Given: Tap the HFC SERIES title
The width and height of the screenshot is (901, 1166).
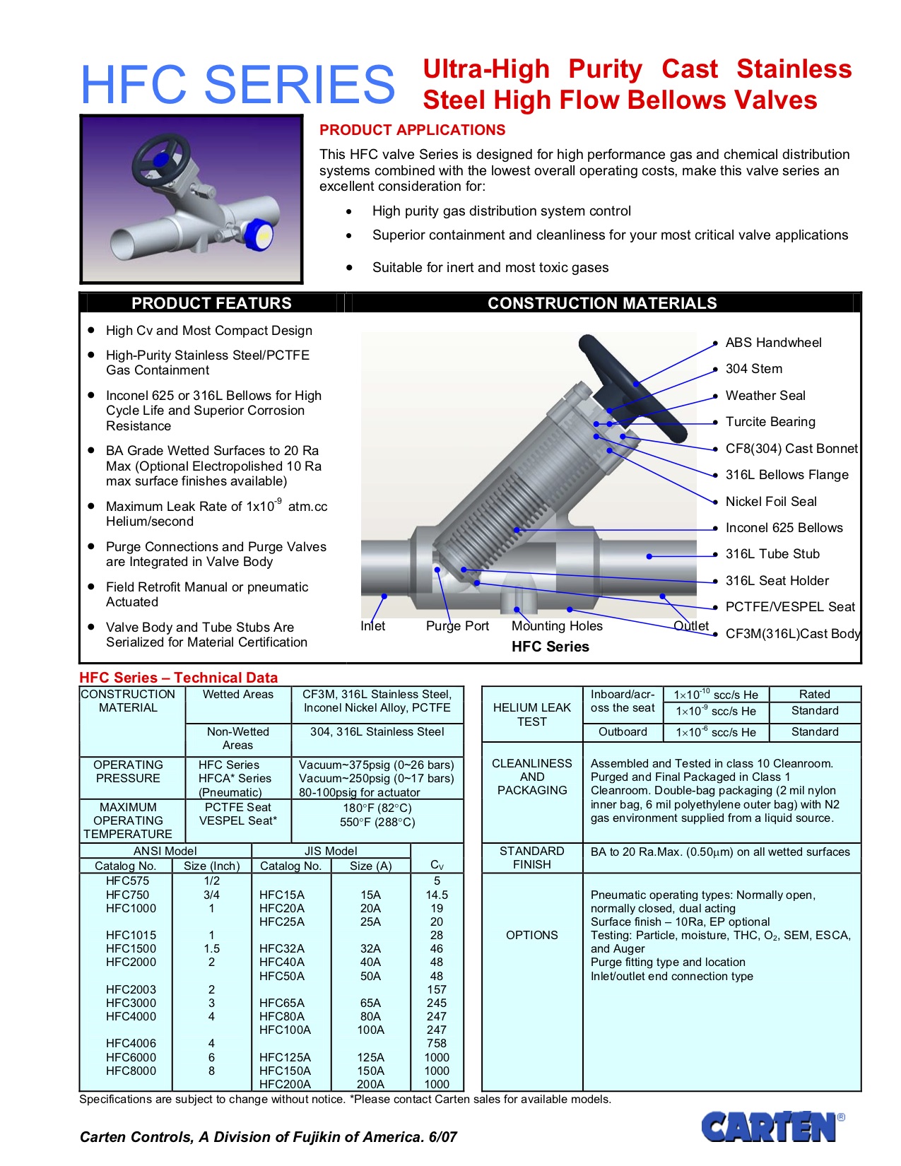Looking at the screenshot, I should (237, 85).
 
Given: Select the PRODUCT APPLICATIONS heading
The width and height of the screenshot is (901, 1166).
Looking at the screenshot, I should (412, 130).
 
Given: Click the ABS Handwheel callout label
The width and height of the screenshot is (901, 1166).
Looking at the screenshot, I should (773, 343).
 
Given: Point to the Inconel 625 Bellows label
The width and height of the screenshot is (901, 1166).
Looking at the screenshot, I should (784, 528).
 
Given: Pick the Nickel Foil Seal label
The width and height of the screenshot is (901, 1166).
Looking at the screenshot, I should (770, 502).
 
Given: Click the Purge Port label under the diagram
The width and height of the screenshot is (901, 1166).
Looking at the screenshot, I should (457, 626).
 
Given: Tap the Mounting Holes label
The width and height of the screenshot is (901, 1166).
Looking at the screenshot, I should (557, 626).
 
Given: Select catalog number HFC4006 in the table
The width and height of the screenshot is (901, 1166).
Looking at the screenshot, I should (131, 1043).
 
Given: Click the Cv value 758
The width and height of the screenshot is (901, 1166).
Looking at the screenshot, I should (437, 1043).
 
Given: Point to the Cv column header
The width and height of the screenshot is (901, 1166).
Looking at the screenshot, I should (437, 865).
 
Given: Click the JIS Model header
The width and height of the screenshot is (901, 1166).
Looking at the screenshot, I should (331, 851).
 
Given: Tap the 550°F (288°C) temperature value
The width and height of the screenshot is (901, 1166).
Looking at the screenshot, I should (377, 822).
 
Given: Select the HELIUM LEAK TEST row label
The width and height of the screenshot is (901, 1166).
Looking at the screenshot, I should (531, 714).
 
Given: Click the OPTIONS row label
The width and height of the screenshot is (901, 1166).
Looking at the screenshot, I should (531, 935).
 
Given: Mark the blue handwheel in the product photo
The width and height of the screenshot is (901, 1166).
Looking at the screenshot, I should (161, 157).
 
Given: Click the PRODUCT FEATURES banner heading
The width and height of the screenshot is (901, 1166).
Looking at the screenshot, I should (211, 303).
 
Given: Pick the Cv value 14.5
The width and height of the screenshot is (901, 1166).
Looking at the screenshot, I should (437, 895).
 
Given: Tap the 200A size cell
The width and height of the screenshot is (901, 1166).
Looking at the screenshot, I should (370, 1084).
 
